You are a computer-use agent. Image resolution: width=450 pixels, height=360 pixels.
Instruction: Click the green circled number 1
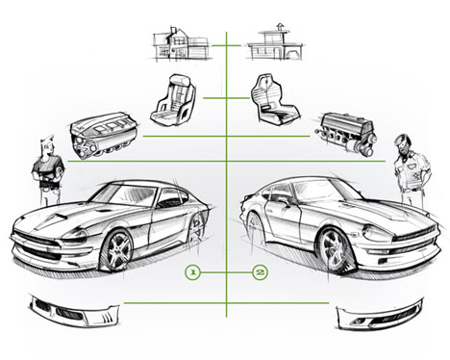pos(192,272)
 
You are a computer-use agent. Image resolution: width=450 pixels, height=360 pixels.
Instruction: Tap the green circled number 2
pos(259,272)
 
